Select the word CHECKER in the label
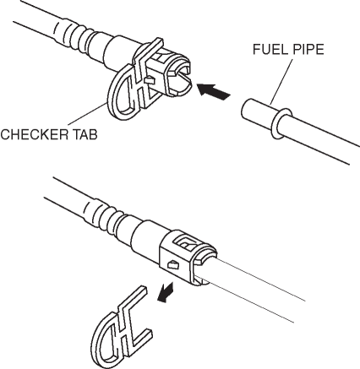[34, 134]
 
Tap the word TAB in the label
[85, 134]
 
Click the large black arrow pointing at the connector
[214, 91]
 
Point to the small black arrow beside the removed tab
[165, 293]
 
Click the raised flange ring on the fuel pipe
[281, 123]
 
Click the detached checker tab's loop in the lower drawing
[102, 338]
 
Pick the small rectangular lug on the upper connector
[150, 81]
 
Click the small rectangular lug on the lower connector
[172, 265]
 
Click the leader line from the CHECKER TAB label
[86, 115]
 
